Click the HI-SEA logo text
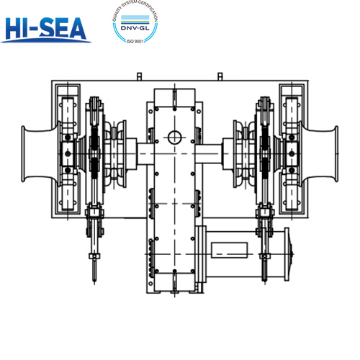click(x=45, y=28)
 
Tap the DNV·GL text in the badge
click(x=135, y=28)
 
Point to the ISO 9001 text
click(x=135, y=41)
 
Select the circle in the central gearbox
click(x=174, y=138)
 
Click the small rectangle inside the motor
click(x=230, y=250)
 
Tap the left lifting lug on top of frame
click(x=139, y=76)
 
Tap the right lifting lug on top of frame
click(x=220, y=76)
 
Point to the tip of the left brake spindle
click(x=94, y=284)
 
